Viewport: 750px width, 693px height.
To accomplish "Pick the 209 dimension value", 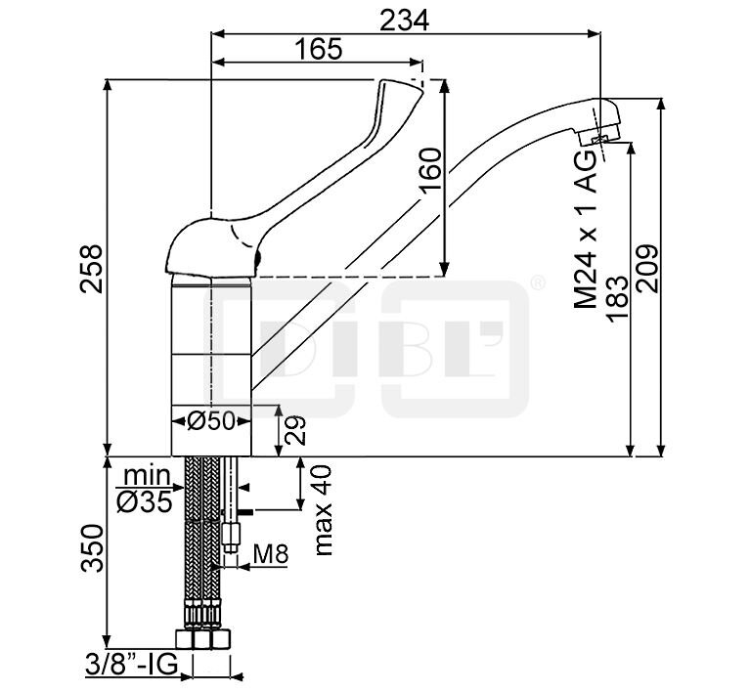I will point(646,267).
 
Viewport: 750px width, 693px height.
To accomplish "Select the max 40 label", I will point(324,509).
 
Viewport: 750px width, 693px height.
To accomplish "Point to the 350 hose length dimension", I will point(90,550).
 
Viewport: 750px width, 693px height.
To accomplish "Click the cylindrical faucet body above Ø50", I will point(211,342).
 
